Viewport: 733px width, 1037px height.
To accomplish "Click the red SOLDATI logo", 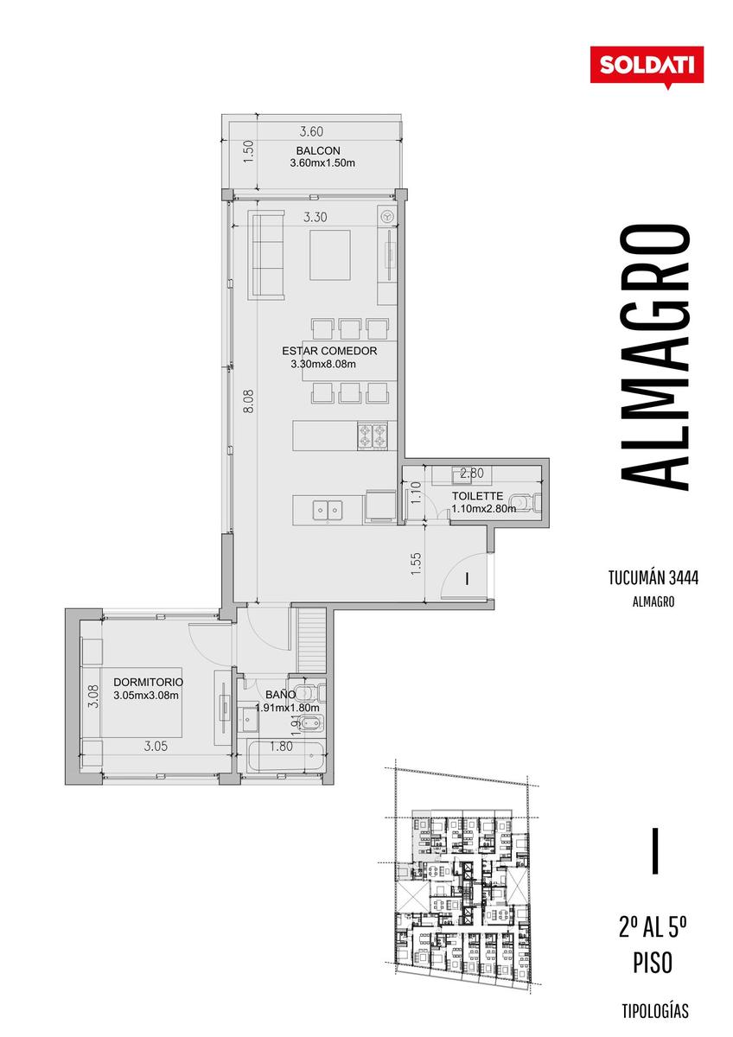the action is [647, 66].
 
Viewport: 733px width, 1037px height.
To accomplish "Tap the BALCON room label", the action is [318, 151].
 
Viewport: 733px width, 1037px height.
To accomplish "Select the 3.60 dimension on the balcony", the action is [311, 131].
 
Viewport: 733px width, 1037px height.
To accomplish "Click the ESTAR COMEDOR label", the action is [329, 351].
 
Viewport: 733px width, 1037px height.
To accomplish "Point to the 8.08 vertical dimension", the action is [249, 401].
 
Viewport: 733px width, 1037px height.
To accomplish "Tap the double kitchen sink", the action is [328, 510].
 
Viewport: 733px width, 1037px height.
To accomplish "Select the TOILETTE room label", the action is [477, 496].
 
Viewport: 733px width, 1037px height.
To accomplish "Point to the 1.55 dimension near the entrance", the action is [416, 563].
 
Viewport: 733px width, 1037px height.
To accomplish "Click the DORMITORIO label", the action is [148, 682].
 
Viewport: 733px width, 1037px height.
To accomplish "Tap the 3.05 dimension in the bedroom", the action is [156, 746].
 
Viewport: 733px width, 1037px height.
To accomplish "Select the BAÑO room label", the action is [280, 695].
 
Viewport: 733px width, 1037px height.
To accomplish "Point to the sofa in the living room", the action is [265, 255].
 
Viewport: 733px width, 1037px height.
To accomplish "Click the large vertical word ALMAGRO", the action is [654, 357].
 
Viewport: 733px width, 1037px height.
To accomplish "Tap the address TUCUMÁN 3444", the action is [653, 578].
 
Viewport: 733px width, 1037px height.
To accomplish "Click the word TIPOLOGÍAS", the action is [654, 1010].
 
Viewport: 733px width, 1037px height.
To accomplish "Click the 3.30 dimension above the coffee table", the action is [315, 217].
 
